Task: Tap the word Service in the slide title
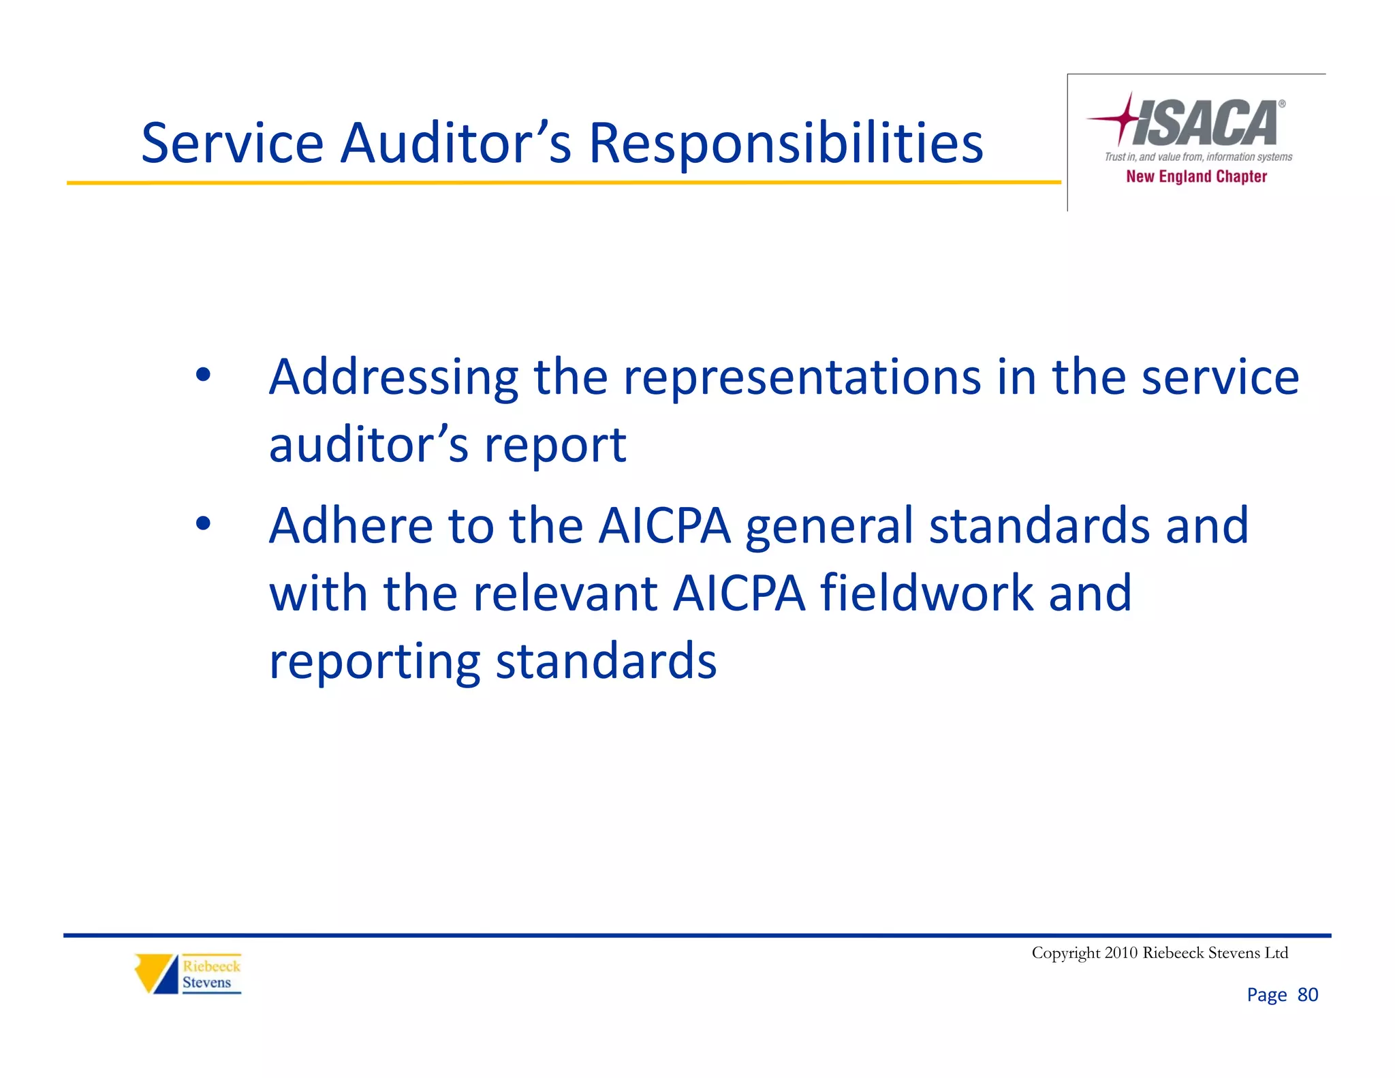tap(232, 144)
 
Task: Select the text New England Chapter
tap(1196, 176)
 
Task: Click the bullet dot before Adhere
tap(202, 523)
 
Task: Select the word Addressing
tap(393, 379)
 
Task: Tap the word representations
tap(802, 378)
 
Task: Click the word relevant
tap(565, 593)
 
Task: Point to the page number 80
tap(1307, 995)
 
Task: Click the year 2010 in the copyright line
tap(1120, 953)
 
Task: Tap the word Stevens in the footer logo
tap(206, 983)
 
